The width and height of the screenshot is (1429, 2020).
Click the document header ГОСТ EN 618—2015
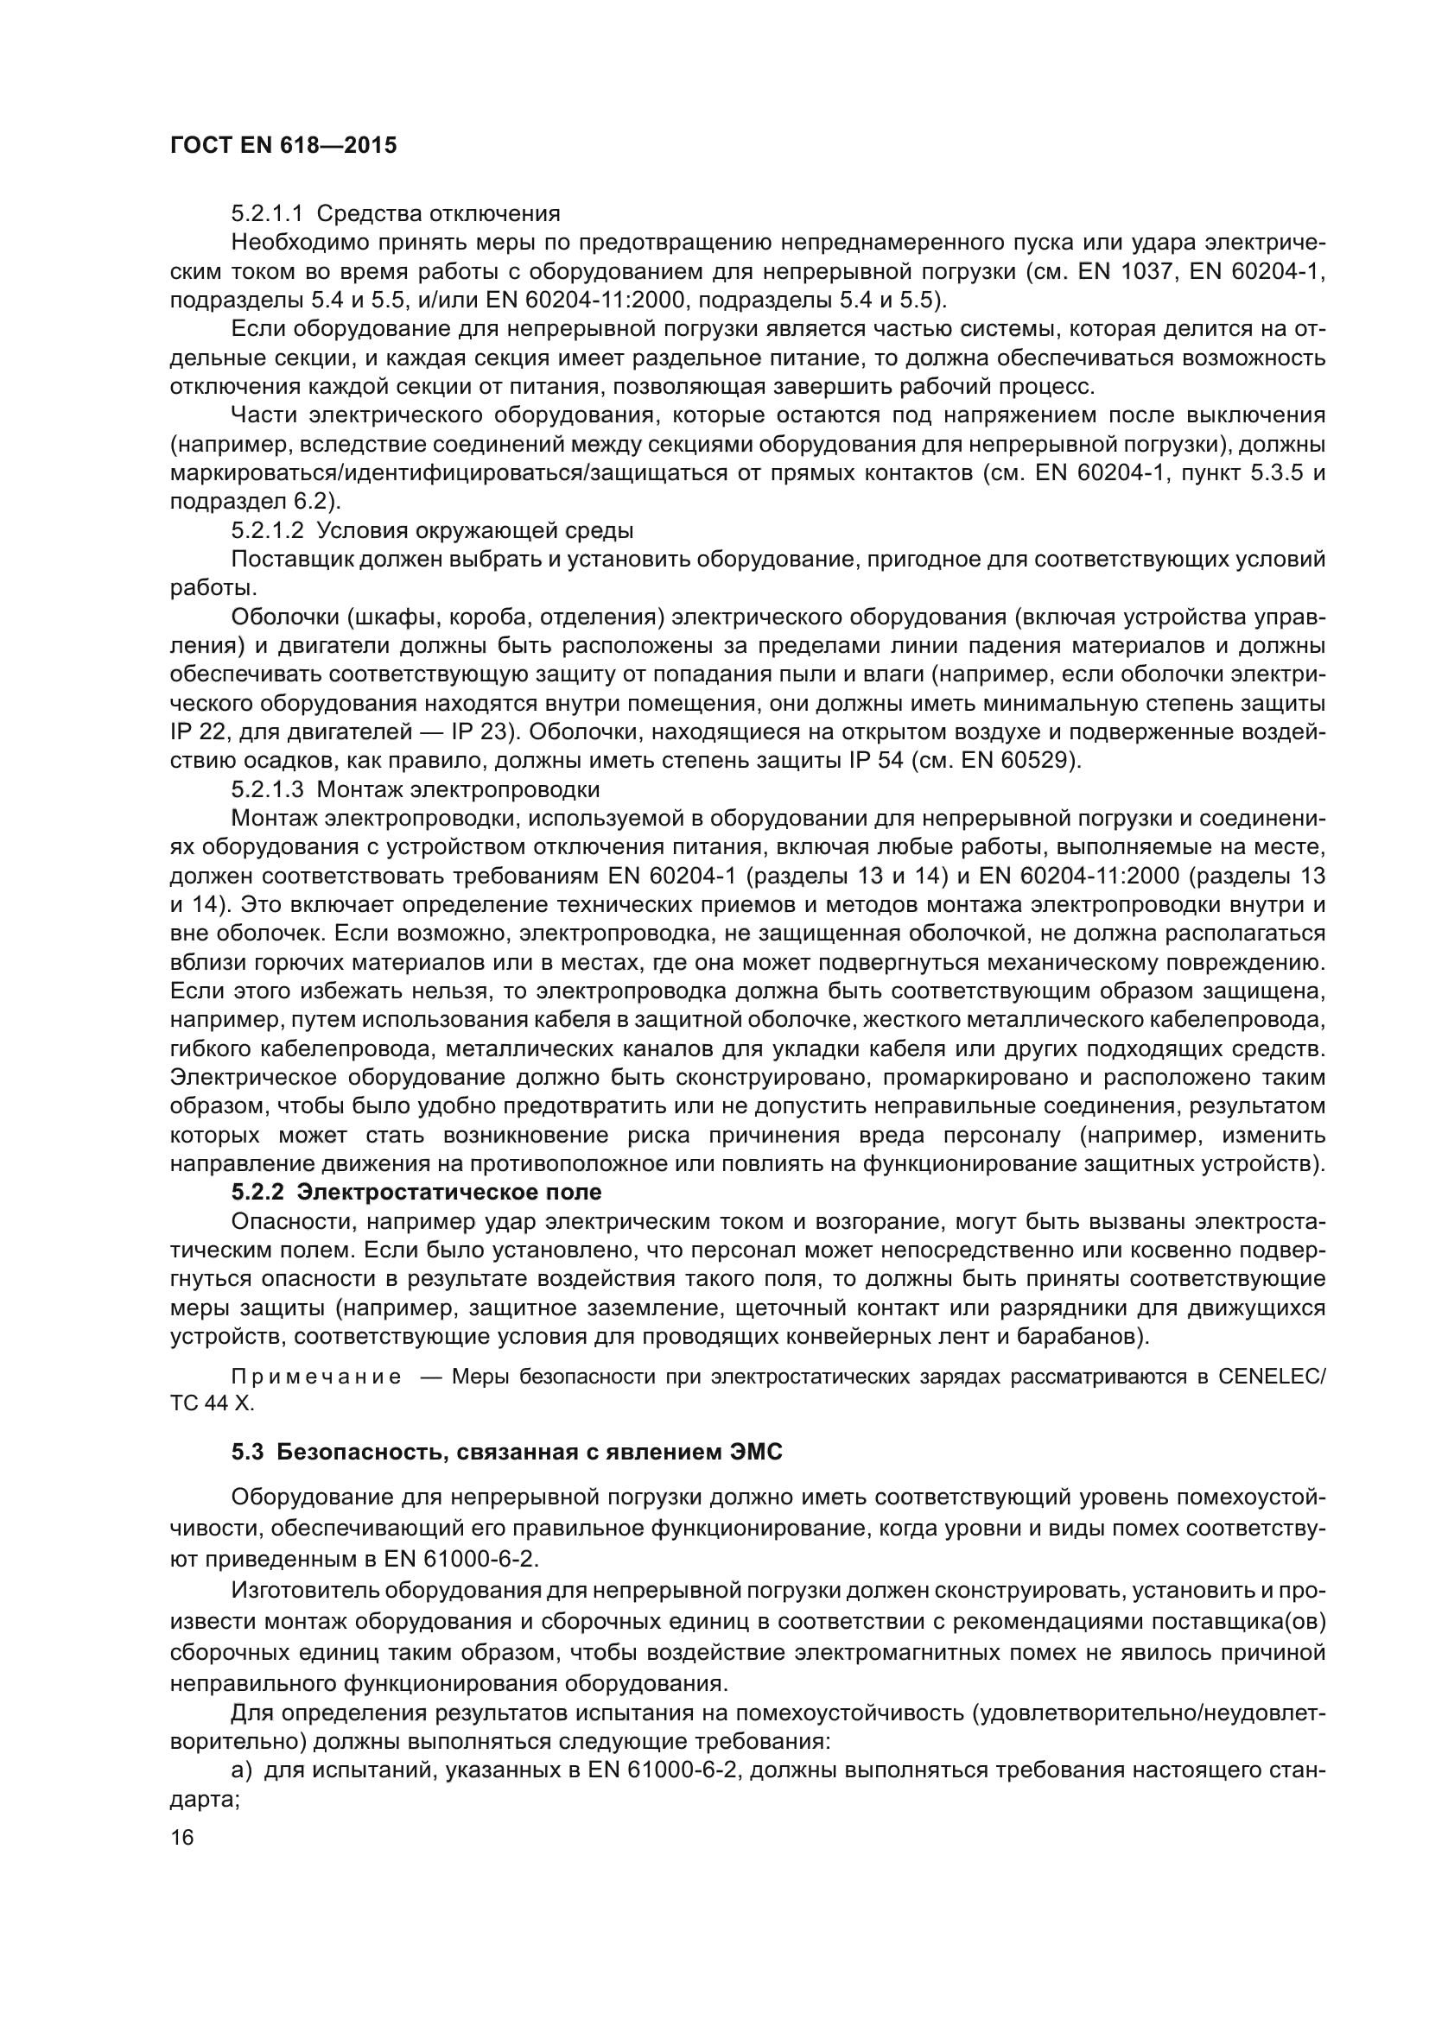[x=283, y=146]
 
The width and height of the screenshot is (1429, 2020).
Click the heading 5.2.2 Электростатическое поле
[x=416, y=1192]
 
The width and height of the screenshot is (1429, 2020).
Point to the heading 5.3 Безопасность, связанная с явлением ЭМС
[x=507, y=1453]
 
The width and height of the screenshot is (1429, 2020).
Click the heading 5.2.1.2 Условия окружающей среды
[x=432, y=530]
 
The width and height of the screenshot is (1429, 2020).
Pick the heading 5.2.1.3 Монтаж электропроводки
[x=416, y=789]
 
